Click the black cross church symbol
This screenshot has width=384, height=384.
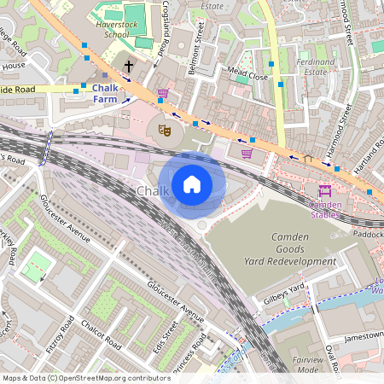tap(130, 67)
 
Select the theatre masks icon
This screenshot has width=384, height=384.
tap(165, 130)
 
